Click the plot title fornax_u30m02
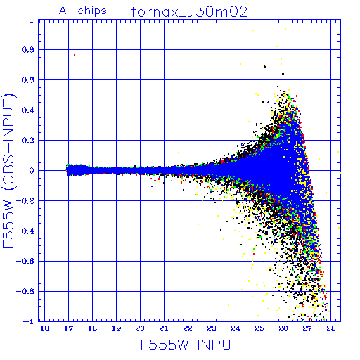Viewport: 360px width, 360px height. click(189, 12)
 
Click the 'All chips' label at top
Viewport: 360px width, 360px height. click(83, 11)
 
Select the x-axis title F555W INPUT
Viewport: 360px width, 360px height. click(190, 345)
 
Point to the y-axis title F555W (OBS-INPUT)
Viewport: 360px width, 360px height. click(8, 170)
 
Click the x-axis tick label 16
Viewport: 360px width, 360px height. click(44, 328)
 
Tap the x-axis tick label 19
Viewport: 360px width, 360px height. click(116, 328)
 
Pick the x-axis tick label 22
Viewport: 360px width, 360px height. click(188, 328)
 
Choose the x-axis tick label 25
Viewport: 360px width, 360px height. click(259, 328)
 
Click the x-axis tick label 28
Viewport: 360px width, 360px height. click(331, 328)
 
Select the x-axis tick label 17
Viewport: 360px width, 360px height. click(68, 328)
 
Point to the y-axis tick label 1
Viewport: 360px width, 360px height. click(32, 20)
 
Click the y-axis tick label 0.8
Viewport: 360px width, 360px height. click(28, 49)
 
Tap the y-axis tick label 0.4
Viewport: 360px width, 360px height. click(28, 110)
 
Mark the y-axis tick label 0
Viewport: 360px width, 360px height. click(32, 170)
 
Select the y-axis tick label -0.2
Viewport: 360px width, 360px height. click(25, 200)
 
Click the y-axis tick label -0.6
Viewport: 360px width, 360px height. click(25, 261)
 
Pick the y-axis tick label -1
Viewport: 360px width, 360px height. click(28, 321)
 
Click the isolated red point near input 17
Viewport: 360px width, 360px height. click(75, 55)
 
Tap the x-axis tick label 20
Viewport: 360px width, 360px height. click(140, 328)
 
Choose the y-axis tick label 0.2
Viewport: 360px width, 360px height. click(28, 140)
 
